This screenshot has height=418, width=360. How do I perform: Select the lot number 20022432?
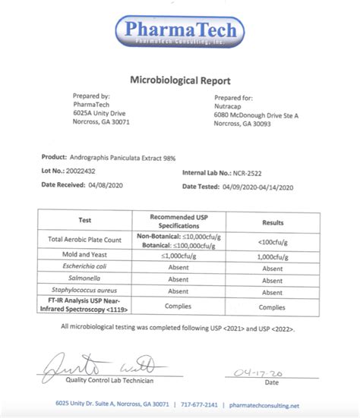click(81, 172)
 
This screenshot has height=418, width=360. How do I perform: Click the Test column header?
click(85, 220)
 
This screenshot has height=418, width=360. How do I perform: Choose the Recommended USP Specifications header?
click(178, 221)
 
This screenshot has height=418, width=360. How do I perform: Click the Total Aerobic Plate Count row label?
click(85, 239)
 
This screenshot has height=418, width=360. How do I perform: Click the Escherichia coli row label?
click(85, 269)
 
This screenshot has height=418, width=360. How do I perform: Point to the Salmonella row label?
click(85, 280)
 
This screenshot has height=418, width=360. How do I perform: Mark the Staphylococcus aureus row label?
click(85, 291)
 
